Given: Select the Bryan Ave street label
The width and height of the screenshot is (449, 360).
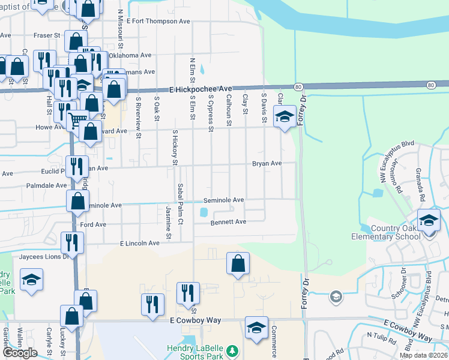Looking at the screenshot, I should [x=267, y=163].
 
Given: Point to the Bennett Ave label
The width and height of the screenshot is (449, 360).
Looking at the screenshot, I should [x=228, y=222].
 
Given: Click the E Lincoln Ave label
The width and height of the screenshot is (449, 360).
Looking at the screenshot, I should [x=140, y=244].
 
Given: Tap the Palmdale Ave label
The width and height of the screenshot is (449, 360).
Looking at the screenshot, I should [x=47, y=186].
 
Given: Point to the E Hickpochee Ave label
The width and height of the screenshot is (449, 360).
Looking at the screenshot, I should [x=200, y=89].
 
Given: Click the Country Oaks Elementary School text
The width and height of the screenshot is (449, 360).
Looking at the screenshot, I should [x=396, y=232].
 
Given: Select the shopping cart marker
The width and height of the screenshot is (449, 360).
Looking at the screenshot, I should [x=77, y=119].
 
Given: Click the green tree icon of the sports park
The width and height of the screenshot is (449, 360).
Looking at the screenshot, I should [x=234, y=350].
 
